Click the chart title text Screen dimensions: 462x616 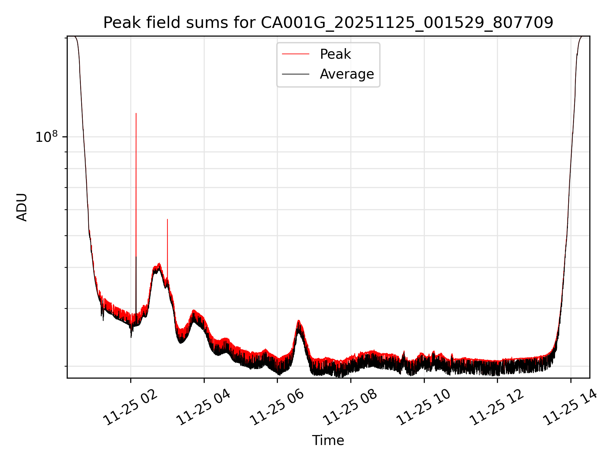click(x=328, y=23)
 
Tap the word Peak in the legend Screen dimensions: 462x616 click(x=335, y=54)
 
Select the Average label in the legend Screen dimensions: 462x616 click(x=347, y=74)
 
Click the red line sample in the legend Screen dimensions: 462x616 click(x=295, y=54)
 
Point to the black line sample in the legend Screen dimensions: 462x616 click(x=295, y=74)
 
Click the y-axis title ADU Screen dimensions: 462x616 click(x=22, y=207)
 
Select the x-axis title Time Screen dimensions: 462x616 click(x=328, y=441)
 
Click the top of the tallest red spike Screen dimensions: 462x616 click(x=136, y=114)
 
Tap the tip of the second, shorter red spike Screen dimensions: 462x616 click(x=167, y=220)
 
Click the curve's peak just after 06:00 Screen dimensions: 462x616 click(x=299, y=321)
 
